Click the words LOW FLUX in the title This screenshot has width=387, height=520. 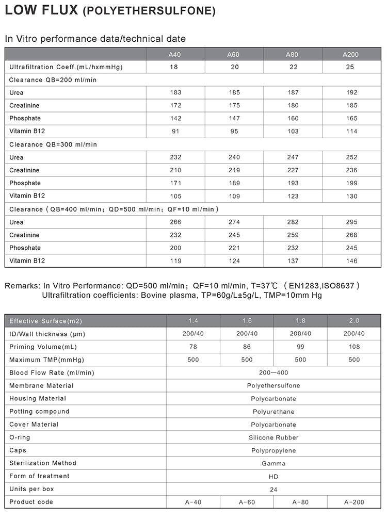pos(41,11)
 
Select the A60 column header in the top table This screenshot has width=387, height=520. pos(234,54)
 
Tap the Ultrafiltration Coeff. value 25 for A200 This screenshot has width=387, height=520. pos(351,67)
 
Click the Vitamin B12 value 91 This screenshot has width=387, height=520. pos(175,132)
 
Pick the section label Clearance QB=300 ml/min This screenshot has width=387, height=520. pos(53,144)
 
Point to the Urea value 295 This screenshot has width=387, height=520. pos(351,222)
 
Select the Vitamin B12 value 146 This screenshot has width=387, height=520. pos(351,261)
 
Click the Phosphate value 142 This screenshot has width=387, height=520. pos(175,119)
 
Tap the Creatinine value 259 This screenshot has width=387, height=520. pos(293,235)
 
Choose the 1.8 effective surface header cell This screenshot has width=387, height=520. pos(300,321)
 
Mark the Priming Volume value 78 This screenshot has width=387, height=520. pos(193,347)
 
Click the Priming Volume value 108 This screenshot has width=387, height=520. pos(353,347)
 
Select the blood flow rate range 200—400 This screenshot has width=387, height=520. pos(273,372)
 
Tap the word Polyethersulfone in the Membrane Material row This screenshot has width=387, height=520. pos(273,385)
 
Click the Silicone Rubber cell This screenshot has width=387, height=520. pos(273,437)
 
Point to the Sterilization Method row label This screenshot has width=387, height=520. pos(43,463)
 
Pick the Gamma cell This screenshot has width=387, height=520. pos(273,463)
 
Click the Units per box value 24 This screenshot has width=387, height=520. pos(273,489)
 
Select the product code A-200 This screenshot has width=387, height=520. pos(353,502)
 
